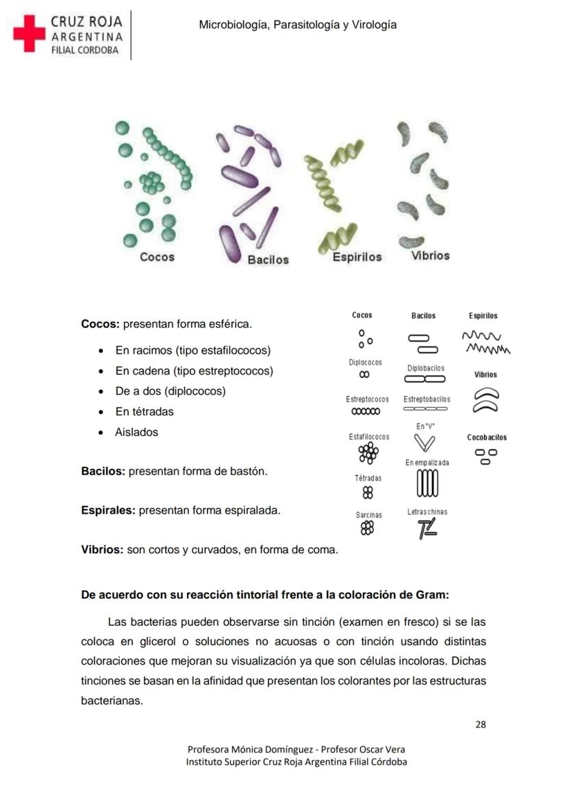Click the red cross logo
[x=29, y=34]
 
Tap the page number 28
[x=481, y=724]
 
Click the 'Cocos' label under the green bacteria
[x=157, y=257]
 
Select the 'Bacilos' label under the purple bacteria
[x=268, y=260]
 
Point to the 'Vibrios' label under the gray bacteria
[x=431, y=256]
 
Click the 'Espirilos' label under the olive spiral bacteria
[x=357, y=257]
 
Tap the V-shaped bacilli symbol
[x=425, y=444]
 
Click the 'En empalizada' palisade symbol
[x=427, y=484]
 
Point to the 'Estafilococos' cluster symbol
[x=368, y=453]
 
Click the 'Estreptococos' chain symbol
[x=366, y=412]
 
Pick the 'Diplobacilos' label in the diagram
[x=426, y=368]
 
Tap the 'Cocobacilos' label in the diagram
[x=487, y=437]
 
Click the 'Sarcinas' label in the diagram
[x=368, y=515]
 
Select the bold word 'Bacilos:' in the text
[x=103, y=472]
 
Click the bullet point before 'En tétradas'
[x=101, y=412]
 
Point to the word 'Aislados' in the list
[x=136, y=432]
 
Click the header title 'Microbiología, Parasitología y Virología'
[x=297, y=25]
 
